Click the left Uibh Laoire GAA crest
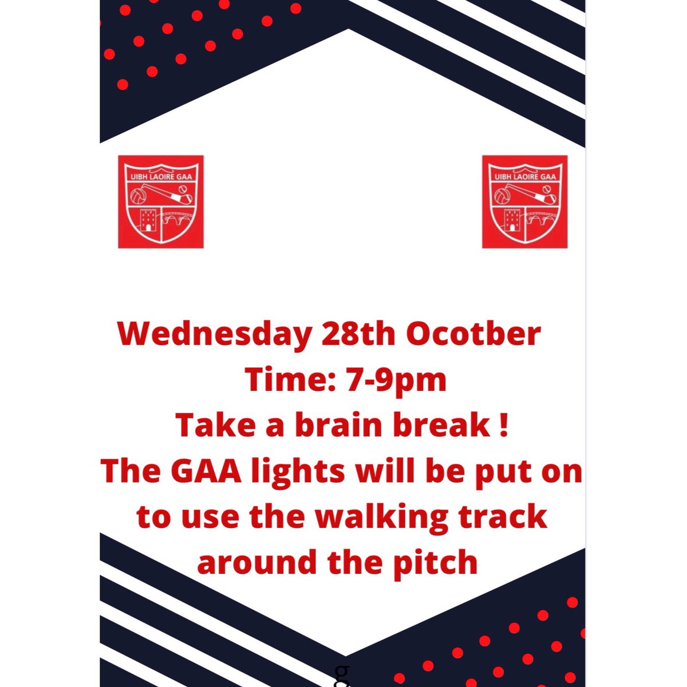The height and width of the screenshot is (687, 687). pyautogui.click(x=161, y=202)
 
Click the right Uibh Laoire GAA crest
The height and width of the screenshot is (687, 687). pyautogui.click(x=525, y=202)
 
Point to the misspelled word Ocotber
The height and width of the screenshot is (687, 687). pyautogui.click(x=473, y=335)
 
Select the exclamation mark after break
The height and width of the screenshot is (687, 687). pyautogui.click(x=504, y=426)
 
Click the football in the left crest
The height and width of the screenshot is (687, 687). pyautogui.click(x=138, y=198)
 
